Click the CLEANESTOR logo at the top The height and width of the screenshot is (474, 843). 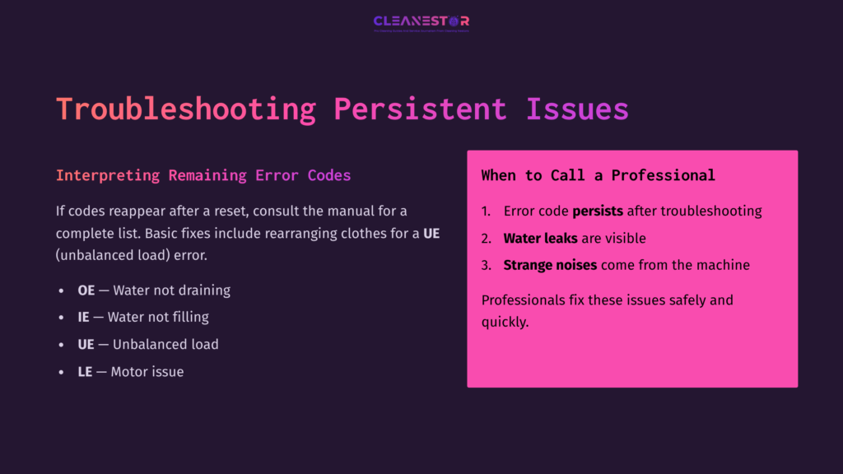point(421,22)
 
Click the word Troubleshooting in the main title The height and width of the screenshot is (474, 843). point(186,109)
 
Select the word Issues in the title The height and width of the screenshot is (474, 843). point(577,109)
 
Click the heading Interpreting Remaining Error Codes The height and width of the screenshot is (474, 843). point(203,175)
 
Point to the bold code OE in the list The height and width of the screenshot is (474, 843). point(86,290)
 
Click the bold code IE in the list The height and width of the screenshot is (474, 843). point(83,317)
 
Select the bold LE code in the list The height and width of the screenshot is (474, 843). point(85,372)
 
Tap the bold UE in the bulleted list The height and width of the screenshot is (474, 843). point(86,345)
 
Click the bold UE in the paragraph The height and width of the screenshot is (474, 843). point(431,233)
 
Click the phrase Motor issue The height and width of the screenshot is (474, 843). point(147,372)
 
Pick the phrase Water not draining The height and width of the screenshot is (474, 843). point(172,290)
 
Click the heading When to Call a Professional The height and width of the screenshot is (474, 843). point(598,175)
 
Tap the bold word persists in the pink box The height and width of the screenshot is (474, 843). point(598,211)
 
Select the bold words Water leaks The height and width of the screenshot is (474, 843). point(540,239)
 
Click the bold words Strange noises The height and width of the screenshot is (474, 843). point(551,266)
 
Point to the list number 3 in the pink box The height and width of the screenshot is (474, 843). point(486,266)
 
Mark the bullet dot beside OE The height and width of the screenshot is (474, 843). point(61,291)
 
